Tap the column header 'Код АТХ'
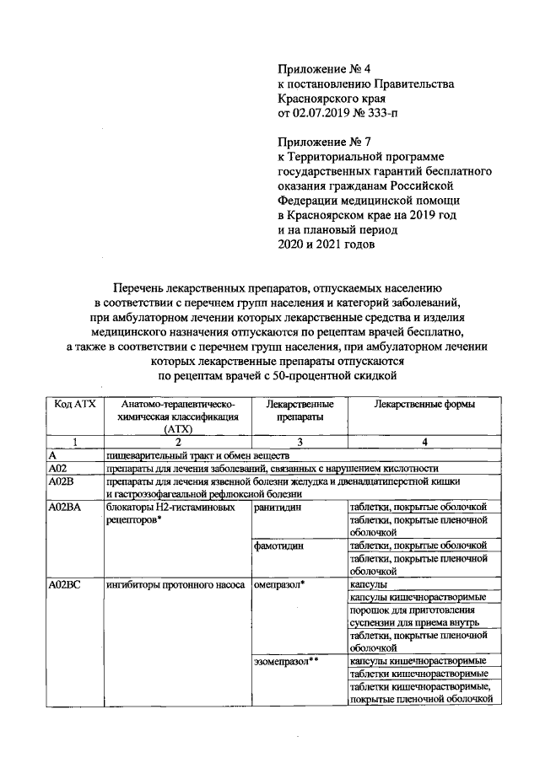pos(74,405)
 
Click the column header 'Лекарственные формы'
pos(424,405)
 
